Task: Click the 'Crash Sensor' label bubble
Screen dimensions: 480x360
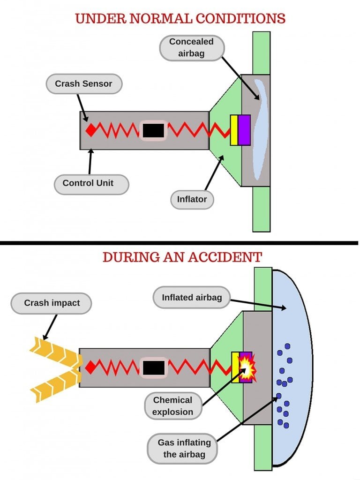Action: [84, 84]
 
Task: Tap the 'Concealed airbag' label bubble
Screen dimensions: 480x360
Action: [191, 47]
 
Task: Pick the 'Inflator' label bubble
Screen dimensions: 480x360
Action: [192, 199]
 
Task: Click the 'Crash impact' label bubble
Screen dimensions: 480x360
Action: [52, 303]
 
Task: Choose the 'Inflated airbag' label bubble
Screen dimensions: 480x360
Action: [192, 297]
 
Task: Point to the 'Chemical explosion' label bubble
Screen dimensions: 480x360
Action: [172, 406]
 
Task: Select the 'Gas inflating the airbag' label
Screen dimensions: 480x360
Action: [184, 448]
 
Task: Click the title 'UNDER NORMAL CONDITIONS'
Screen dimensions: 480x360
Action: [180, 19]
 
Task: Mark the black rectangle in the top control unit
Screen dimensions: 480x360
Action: [153, 130]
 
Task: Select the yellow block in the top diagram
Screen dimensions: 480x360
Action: [234, 130]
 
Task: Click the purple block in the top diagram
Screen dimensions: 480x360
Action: [244, 130]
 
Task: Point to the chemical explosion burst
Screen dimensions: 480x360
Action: [246, 367]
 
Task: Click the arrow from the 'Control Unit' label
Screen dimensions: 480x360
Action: [89, 162]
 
